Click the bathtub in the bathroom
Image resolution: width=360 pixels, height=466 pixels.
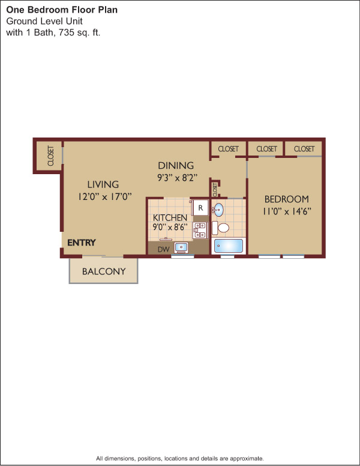pyautogui.click(x=229, y=246)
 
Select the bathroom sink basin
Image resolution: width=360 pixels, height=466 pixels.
pyautogui.click(x=218, y=210)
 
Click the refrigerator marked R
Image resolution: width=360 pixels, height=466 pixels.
pyautogui.click(x=200, y=207)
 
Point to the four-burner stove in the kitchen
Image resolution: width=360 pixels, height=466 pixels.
pyautogui.click(x=200, y=230)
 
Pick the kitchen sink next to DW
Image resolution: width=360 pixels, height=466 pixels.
pyautogui.click(x=181, y=247)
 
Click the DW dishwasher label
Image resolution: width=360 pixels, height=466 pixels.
pyautogui.click(x=163, y=249)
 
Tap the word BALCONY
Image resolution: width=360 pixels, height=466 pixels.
pyautogui.click(x=104, y=271)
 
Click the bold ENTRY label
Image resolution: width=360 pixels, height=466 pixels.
pyautogui.click(x=82, y=243)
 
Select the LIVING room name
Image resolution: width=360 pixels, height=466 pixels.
pyautogui.click(x=103, y=184)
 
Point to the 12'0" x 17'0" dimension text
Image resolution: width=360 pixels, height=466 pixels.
pyautogui.click(x=104, y=196)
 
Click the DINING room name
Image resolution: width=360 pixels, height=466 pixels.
pyautogui.click(x=176, y=166)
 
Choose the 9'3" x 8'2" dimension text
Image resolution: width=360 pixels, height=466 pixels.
pyautogui.click(x=177, y=178)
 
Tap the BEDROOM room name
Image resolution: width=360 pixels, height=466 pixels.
pyautogui.click(x=287, y=199)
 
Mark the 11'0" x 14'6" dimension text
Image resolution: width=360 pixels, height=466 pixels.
pyautogui.click(x=287, y=211)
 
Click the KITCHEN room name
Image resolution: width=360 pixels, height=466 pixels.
pyautogui.click(x=170, y=217)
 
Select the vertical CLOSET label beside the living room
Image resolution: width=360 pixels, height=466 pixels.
pyautogui.click(x=51, y=156)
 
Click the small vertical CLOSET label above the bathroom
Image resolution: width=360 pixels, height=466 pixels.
pyautogui.click(x=215, y=189)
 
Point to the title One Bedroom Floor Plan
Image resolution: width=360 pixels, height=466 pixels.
pyautogui.click(x=62, y=10)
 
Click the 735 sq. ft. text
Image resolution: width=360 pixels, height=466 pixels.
pyautogui.click(x=79, y=32)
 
